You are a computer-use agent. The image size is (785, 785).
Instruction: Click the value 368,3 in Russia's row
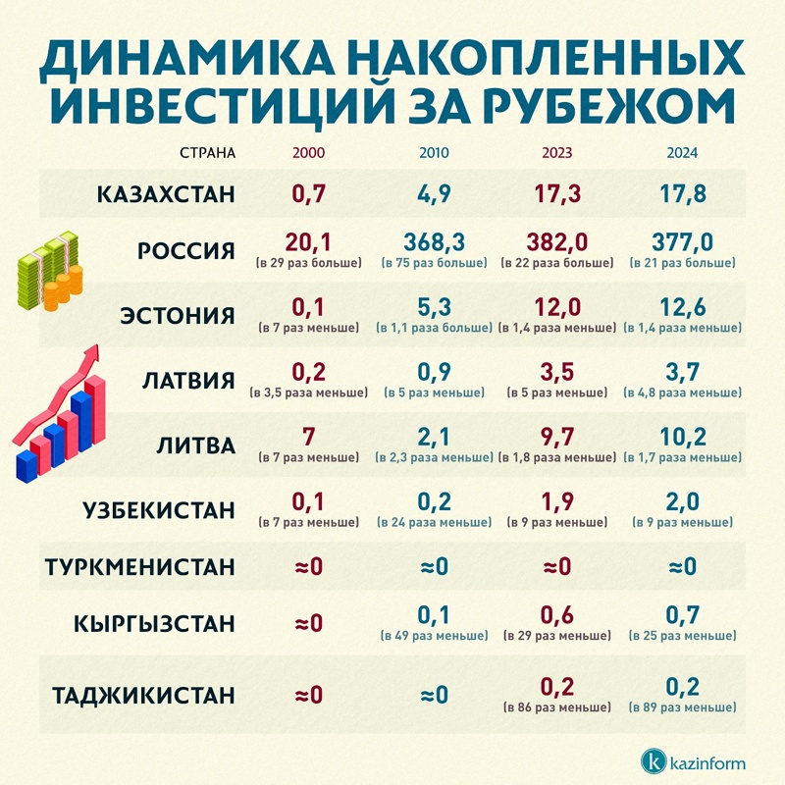point(432,242)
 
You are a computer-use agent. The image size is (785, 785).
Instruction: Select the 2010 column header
point(432,154)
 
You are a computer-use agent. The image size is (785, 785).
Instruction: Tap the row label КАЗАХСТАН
point(167,193)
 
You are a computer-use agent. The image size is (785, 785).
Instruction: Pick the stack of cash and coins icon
point(49,270)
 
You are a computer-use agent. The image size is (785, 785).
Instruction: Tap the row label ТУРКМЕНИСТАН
point(141,567)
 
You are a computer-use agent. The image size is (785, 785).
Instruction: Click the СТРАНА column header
point(208,154)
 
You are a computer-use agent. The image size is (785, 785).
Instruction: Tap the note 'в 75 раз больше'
point(432,264)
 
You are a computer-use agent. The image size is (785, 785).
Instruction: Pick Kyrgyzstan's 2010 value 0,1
point(432,614)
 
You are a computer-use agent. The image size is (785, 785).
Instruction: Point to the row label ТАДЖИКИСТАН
point(144,696)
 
